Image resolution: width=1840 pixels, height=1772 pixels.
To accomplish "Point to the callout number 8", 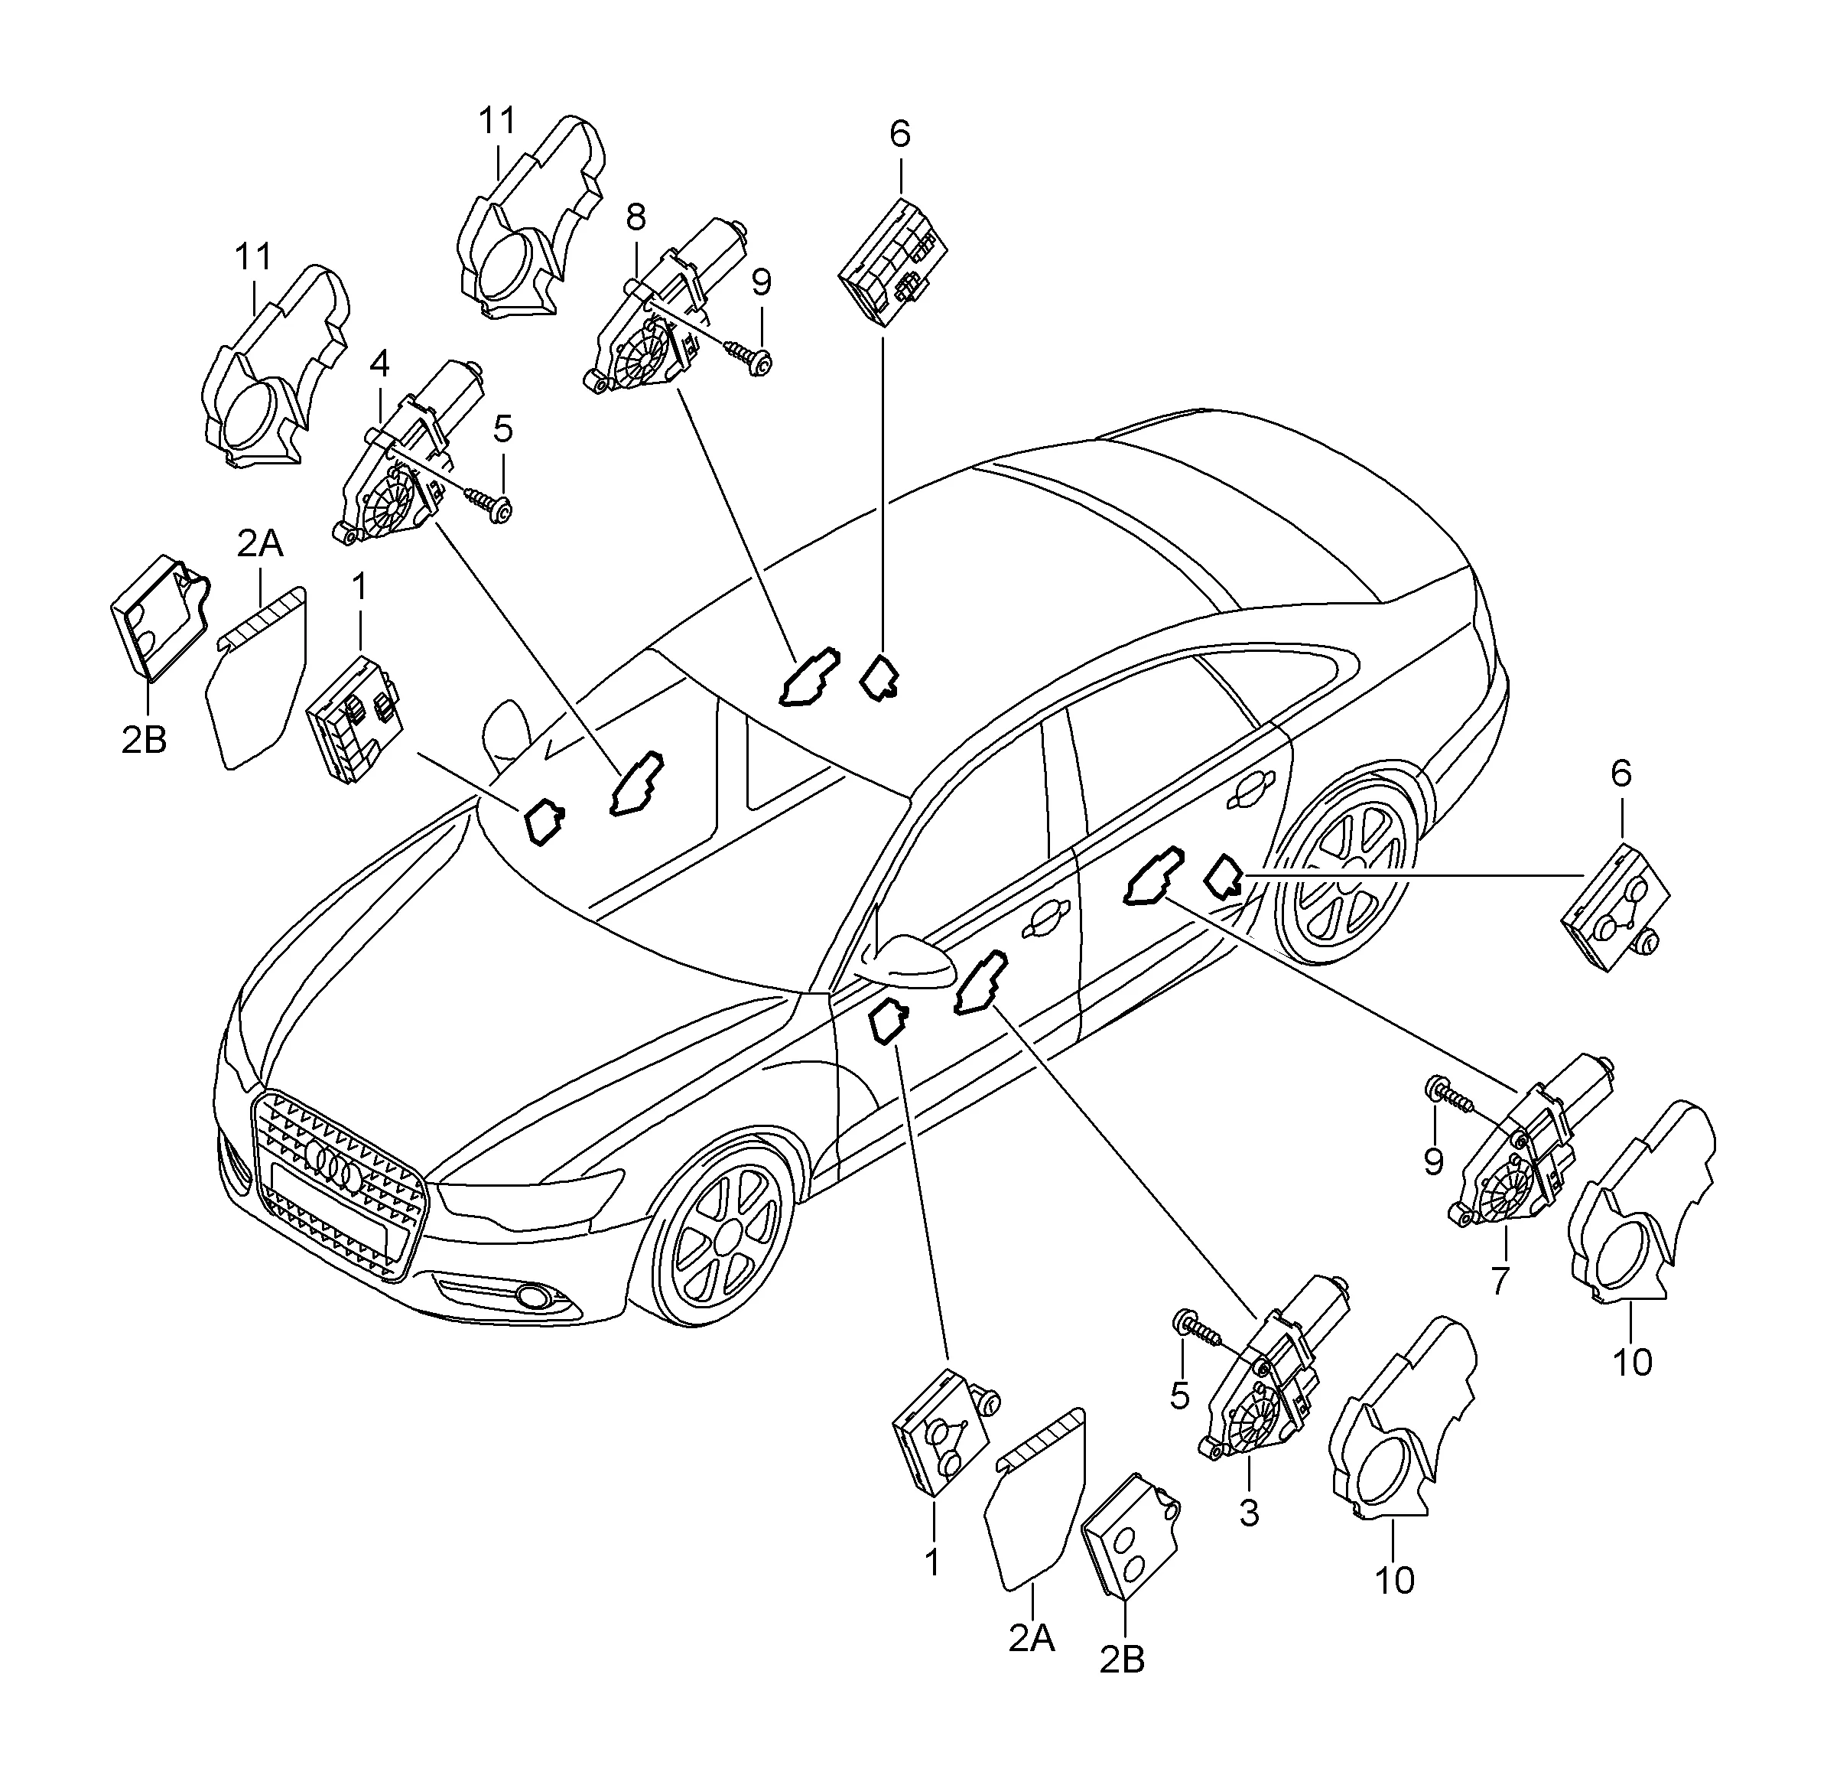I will tap(636, 219).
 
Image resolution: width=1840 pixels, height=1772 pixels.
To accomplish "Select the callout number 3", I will tap(1249, 1513).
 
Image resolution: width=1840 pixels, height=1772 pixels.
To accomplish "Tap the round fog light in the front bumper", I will tap(537, 1298).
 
